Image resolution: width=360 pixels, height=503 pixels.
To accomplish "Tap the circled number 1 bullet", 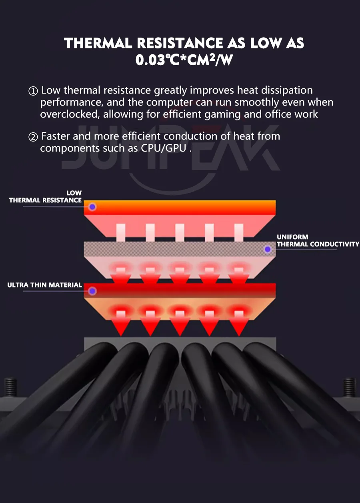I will pos(33,91).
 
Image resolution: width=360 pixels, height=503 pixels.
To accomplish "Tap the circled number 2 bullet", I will pos(33,137).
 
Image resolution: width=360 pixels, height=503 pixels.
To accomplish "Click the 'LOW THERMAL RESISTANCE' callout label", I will pos(46,197).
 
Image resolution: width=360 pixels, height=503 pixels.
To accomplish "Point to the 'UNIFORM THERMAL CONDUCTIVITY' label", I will pos(318,240).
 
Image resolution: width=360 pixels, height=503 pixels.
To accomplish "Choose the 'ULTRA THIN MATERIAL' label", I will pos(44,285).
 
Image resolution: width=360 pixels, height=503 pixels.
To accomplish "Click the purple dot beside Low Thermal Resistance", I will pos(92,207).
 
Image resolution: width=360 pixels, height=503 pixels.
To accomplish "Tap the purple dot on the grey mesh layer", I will pos(268,250).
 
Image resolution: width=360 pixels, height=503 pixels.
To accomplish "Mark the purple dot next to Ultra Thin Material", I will pos(92,291).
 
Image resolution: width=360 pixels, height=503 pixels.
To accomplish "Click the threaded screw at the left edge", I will pos(10,387).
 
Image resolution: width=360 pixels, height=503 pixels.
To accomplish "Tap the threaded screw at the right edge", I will pos(350,387).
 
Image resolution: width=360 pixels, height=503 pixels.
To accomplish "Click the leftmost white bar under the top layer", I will pos(121,232).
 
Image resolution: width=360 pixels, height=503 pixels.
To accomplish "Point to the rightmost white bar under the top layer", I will pos(239,232).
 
